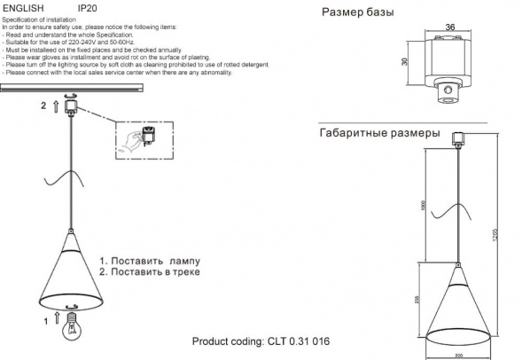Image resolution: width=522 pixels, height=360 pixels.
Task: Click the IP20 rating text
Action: (x=88, y=7)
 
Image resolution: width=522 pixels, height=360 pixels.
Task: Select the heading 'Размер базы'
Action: (x=358, y=13)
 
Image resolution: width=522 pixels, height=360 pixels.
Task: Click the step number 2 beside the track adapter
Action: (x=42, y=106)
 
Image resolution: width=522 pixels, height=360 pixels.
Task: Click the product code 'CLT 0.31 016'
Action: (x=297, y=342)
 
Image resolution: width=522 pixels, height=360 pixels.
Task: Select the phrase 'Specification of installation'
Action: (x=39, y=18)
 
